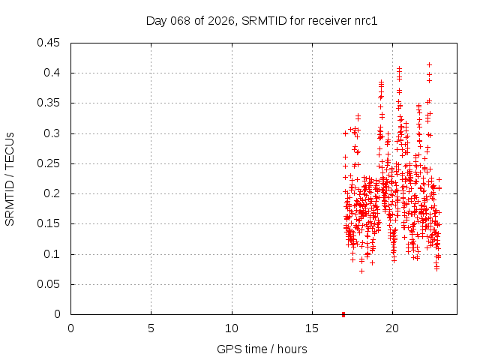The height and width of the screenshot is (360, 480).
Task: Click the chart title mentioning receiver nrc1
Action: [261, 20]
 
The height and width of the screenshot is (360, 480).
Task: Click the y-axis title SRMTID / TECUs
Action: [10, 178]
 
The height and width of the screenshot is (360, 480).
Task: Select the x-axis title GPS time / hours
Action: [262, 349]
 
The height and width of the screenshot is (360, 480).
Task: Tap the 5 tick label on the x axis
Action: [151, 328]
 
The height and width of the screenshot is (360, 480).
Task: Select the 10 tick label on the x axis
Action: [232, 328]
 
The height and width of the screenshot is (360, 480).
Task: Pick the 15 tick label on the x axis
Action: [312, 328]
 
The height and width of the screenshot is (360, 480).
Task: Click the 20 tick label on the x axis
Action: [392, 328]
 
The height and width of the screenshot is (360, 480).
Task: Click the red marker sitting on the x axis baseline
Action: [343, 313]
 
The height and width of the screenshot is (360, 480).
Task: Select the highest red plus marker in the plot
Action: [429, 64]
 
